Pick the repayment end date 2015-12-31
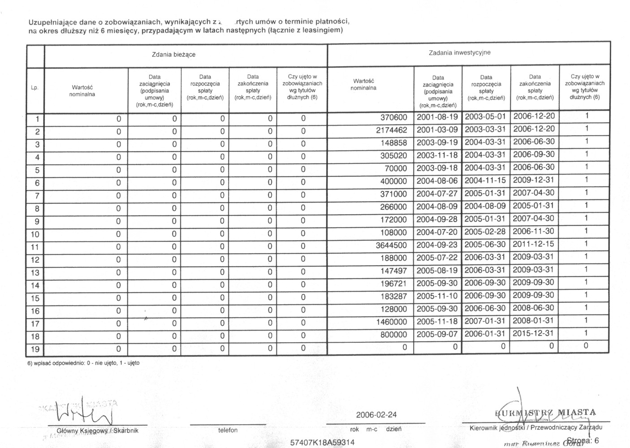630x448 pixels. click(534, 334)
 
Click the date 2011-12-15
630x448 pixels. click(534, 244)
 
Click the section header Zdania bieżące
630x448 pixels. click(173, 55)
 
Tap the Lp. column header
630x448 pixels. click(35, 88)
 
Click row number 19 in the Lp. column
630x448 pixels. click(35, 349)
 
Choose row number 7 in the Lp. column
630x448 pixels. click(37, 196)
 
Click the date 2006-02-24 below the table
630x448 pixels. click(376, 415)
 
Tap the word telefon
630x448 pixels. click(228, 431)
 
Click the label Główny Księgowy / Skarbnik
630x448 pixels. click(98, 431)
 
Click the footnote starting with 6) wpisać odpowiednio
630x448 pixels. click(83, 363)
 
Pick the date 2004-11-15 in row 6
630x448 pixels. click(485, 181)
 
